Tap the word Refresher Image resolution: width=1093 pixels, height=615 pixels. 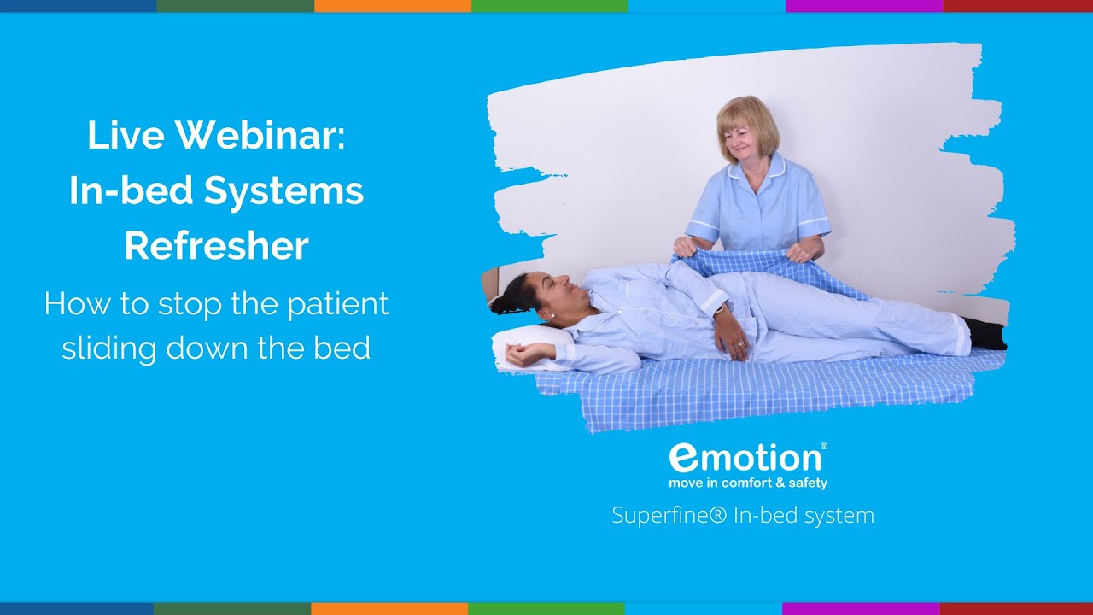[216, 246]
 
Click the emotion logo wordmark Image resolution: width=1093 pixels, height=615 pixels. [745, 458]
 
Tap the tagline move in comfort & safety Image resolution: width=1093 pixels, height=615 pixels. [747, 483]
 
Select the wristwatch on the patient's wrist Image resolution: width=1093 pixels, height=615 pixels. [719, 311]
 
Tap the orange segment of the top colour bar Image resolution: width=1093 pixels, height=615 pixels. [392, 5]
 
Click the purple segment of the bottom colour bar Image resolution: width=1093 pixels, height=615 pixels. [860, 609]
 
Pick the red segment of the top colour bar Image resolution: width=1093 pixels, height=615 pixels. [1017, 5]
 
